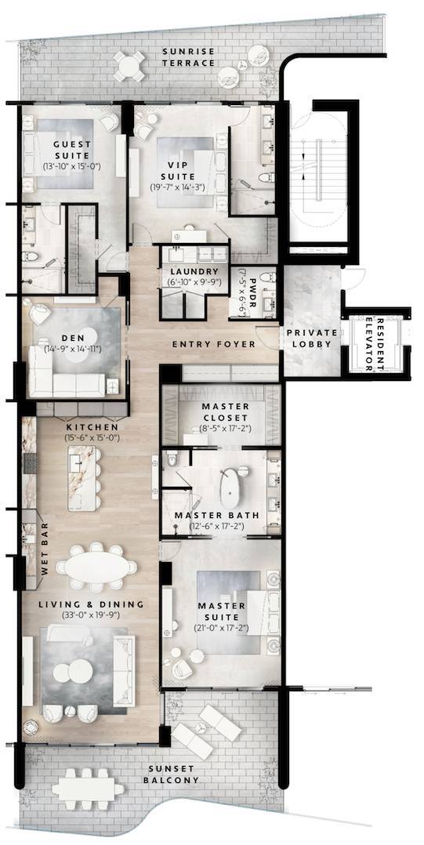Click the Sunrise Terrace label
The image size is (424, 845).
(x=189, y=56)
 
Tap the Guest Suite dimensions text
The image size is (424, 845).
(x=72, y=167)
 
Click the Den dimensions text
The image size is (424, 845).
(x=72, y=348)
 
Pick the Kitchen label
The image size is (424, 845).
(x=77, y=428)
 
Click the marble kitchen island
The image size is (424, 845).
(x=86, y=478)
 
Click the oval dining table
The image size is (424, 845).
(x=96, y=566)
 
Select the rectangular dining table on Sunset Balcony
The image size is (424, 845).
(x=88, y=786)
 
